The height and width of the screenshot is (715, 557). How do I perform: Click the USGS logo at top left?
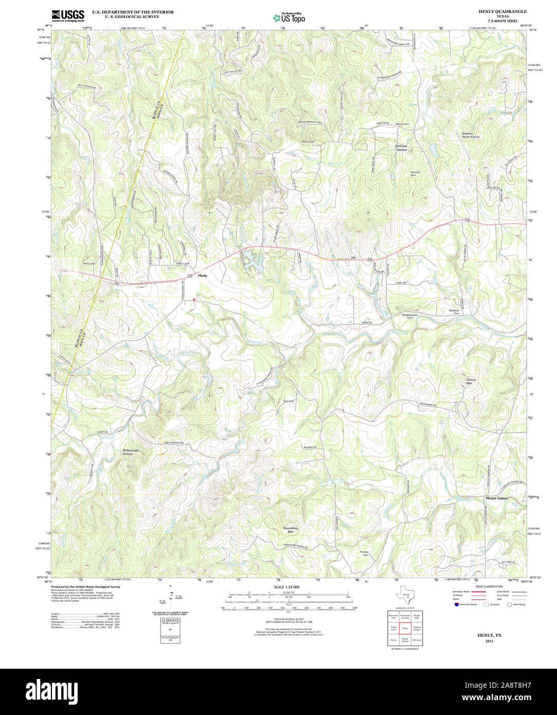pyautogui.click(x=67, y=15)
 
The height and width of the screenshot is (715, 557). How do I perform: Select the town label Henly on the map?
pyautogui.click(x=203, y=276)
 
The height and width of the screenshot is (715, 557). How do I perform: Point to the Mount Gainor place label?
pyautogui.click(x=497, y=498)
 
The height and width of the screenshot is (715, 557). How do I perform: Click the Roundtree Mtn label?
pyautogui.click(x=291, y=530)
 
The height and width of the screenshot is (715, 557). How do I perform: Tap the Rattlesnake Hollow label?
pyautogui.click(x=128, y=452)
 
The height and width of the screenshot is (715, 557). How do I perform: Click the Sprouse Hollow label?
pyautogui.click(x=401, y=148)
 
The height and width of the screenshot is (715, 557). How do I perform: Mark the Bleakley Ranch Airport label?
pyautogui.click(x=470, y=135)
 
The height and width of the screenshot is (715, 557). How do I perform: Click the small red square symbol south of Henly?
pyautogui.click(x=194, y=299)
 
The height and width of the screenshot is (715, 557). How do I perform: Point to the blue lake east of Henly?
pyautogui.click(x=252, y=260)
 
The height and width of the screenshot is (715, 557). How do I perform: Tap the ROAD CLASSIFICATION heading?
pyautogui.click(x=489, y=586)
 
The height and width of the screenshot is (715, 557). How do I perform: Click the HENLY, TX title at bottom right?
pyautogui.click(x=489, y=635)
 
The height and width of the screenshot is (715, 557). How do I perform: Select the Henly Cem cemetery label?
pyautogui.click(x=89, y=263)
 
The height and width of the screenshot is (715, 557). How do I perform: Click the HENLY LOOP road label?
pyautogui.click(x=183, y=264)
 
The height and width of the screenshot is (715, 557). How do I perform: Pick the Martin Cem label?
pyautogui.click(x=308, y=141)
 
